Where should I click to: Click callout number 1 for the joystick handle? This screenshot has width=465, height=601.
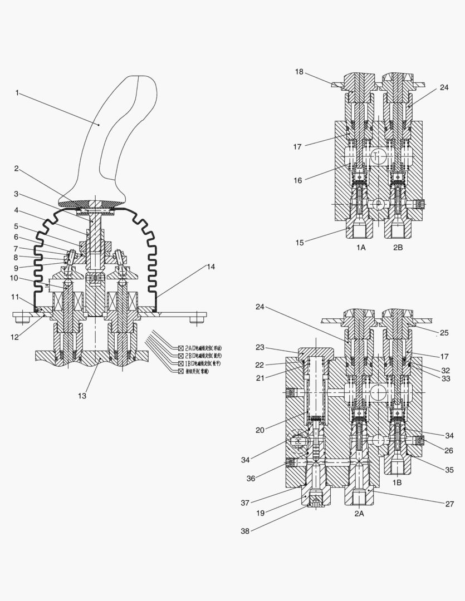click(17, 93)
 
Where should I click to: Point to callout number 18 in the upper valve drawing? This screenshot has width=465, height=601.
click(299, 72)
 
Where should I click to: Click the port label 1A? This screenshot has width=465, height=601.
click(360, 247)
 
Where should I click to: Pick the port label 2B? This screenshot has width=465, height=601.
click(397, 247)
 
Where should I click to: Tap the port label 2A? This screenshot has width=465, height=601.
click(359, 514)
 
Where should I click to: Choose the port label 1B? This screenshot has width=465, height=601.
click(396, 483)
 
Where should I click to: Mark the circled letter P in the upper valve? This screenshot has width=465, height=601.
click(378, 204)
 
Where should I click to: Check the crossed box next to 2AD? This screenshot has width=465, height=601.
click(181, 348)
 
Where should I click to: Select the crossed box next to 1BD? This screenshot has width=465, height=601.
click(181, 363)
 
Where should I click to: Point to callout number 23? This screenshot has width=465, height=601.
click(260, 347)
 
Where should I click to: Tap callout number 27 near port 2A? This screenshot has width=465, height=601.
click(450, 504)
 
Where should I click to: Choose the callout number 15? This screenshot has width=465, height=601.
click(299, 243)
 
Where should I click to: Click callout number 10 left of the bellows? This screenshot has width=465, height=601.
click(14, 278)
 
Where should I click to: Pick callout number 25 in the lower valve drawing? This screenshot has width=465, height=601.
click(444, 333)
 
